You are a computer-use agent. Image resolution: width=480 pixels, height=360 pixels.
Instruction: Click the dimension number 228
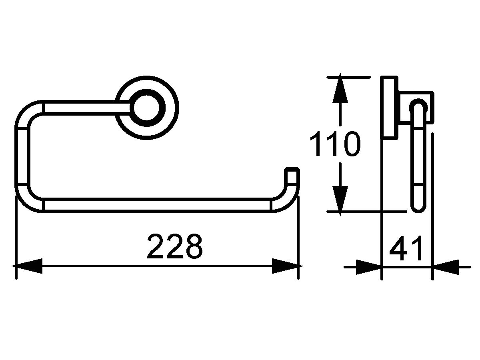(x=175, y=246)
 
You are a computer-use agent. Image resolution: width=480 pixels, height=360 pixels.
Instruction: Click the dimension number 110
(x=335, y=144)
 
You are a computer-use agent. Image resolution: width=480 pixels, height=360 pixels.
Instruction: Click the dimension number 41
(x=406, y=248)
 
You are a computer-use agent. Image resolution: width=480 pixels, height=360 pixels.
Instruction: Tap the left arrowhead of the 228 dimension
(x=27, y=266)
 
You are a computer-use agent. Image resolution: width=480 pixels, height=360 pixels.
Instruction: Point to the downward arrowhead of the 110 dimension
(x=340, y=201)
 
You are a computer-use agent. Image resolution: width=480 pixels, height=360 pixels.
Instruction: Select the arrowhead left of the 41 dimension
(x=368, y=267)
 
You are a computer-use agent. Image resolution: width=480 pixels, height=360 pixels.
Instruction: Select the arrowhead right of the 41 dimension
(x=446, y=267)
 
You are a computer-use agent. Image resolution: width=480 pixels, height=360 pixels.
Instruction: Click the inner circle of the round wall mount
(x=147, y=108)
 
